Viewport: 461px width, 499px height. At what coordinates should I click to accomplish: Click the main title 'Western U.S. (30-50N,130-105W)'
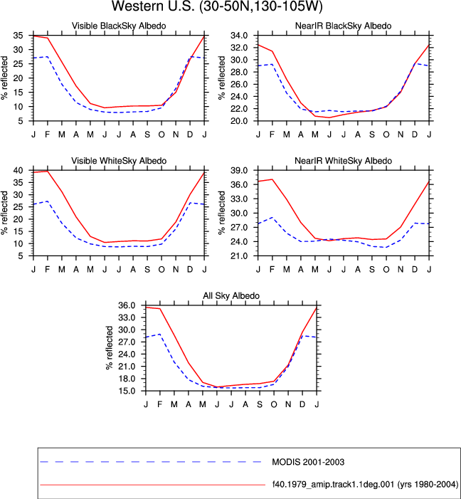coord(217,6)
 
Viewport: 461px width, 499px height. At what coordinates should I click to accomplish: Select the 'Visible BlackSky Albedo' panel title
coord(119,26)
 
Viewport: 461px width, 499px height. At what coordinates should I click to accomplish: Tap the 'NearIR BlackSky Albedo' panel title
coord(343,26)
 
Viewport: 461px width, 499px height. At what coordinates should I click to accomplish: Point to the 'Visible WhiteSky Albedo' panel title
coord(119,161)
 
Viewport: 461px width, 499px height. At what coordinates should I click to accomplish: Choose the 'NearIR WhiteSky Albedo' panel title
coord(343,161)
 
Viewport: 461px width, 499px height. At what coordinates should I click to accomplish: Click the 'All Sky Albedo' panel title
coord(231,295)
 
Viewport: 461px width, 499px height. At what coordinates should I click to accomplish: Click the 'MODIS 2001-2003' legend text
coord(308,462)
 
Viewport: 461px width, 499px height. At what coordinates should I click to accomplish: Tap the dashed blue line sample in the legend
coord(151,462)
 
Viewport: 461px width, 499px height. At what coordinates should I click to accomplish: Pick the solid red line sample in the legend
coord(153,485)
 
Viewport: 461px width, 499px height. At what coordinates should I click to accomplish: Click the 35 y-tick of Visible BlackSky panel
coord(18,36)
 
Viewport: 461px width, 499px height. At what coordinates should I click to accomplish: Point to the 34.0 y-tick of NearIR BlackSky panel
coord(239,36)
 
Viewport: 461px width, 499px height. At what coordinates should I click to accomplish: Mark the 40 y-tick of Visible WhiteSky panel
coord(18,170)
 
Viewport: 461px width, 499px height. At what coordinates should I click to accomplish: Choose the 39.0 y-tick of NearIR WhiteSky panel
coord(239,170)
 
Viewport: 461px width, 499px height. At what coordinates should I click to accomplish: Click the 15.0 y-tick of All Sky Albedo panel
coord(127,391)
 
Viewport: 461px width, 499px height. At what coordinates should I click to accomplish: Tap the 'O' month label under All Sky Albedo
coord(274,404)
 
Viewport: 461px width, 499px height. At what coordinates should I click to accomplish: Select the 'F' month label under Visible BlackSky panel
coord(48,135)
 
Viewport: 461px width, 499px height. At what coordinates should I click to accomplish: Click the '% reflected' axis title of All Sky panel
coord(110,348)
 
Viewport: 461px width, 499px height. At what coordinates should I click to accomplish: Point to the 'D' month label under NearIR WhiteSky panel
coord(415,270)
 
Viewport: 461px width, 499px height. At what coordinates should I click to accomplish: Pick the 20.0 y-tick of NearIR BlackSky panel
coord(239,121)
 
